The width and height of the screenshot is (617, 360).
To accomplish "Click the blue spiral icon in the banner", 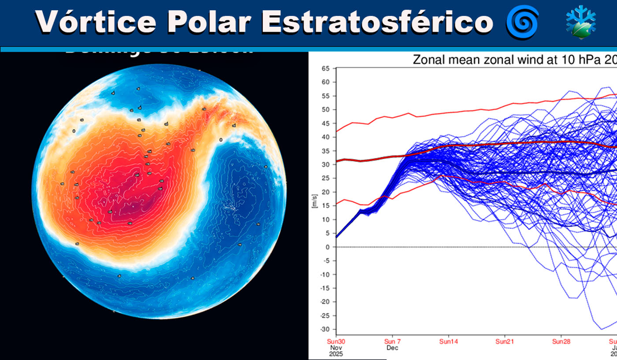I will pos(522,22).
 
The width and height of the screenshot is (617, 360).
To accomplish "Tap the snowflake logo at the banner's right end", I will pos(581,22).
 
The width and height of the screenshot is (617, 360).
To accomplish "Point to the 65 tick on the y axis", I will pos(325,68).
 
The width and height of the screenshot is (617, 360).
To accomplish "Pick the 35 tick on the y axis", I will pos(325,151).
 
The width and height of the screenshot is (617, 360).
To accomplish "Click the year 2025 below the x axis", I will pos(336,354).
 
